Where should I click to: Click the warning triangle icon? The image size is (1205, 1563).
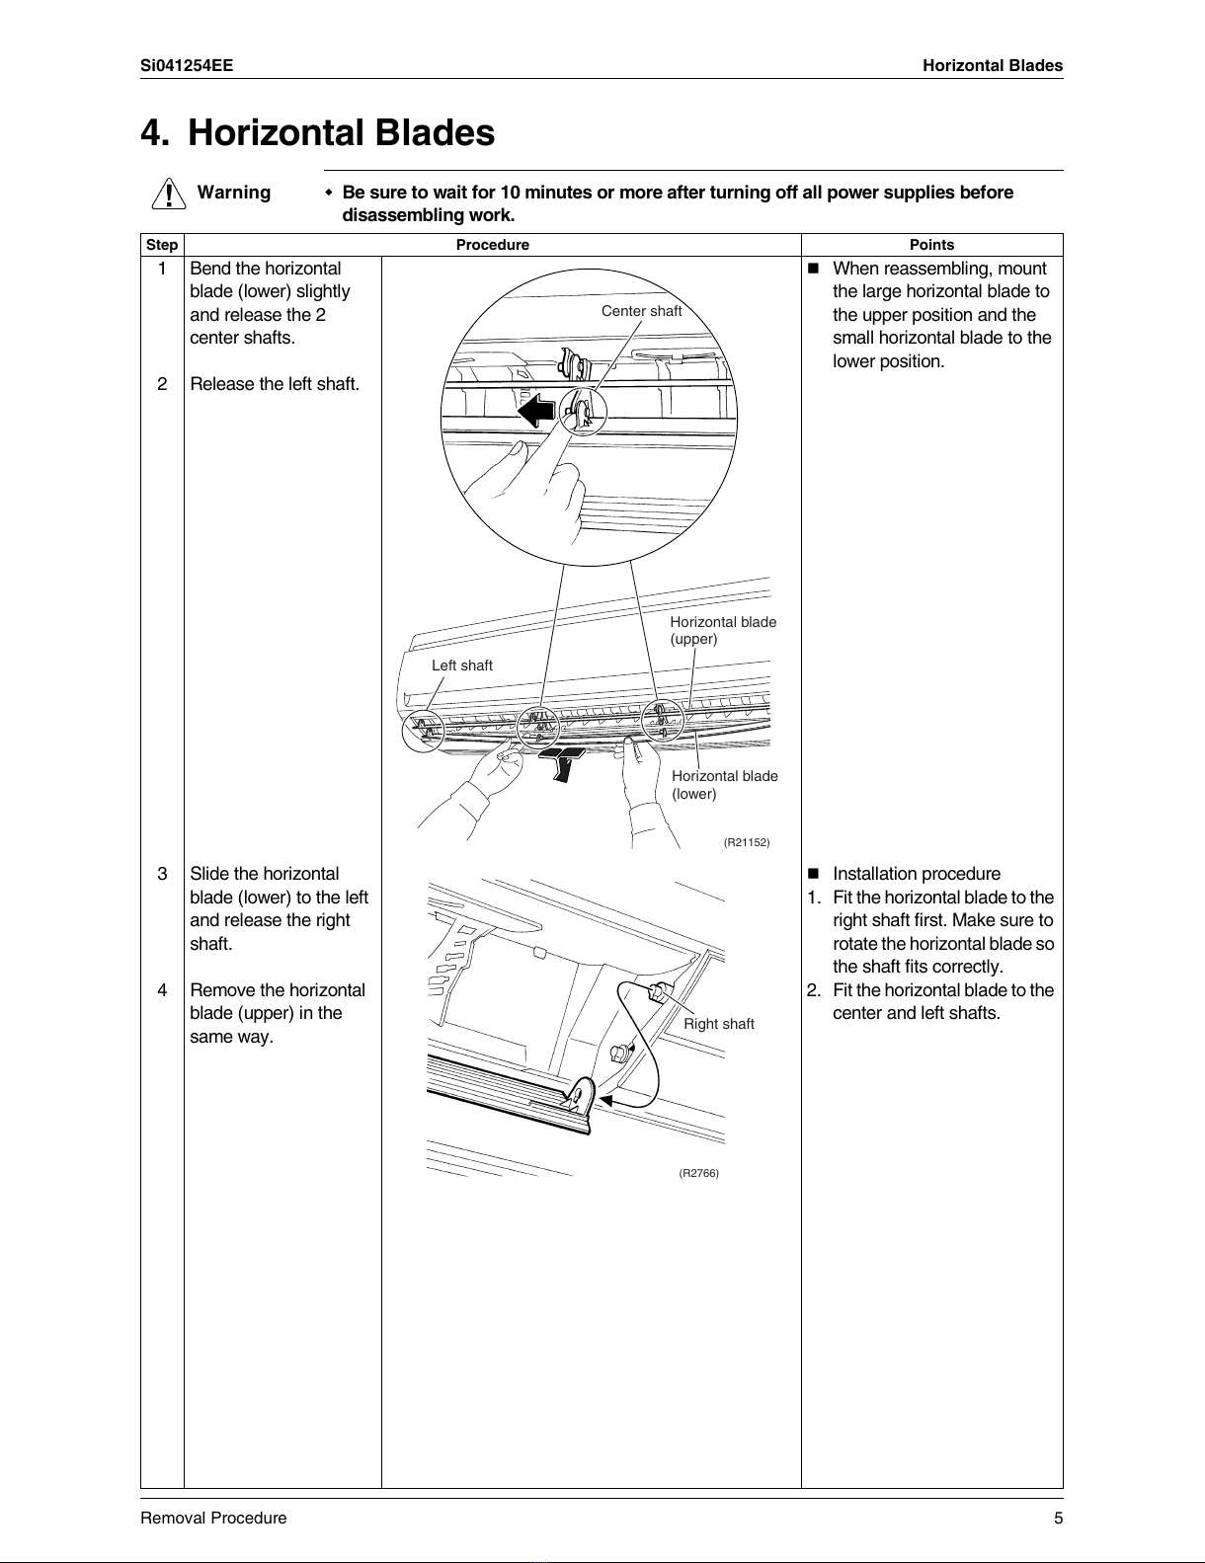tap(171, 193)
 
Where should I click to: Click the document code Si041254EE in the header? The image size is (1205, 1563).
tap(187, 66)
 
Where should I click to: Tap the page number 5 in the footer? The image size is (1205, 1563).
tap(1058, 1518)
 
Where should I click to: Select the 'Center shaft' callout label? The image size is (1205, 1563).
tap(641, 311)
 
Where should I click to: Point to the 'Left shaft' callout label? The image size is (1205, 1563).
tap(461, 665)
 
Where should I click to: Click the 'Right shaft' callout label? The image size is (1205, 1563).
tap(718, 1024)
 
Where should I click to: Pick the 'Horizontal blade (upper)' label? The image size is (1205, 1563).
tap(722, 630)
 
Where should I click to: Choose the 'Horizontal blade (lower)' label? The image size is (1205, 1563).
tap(724, 785)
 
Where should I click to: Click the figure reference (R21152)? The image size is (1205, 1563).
tap(746, 842)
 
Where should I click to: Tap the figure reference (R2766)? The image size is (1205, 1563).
tap(698, 1173)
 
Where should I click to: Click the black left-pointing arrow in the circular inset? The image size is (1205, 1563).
tap(537, 409)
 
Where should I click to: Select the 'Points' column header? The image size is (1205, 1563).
tap(931, 245)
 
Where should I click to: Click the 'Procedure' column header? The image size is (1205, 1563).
tap(492, 245)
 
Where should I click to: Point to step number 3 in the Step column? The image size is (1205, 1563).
tap(162, 874)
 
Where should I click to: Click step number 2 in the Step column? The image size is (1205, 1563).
tap(162, 384)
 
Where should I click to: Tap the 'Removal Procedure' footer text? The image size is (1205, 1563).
tap(213, 1518)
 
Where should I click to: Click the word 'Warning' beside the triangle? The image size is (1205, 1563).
tap(234, 193)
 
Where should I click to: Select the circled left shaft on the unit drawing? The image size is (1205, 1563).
tap(422, 730)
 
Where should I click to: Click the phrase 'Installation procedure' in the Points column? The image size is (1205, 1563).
tap(916, 874)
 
